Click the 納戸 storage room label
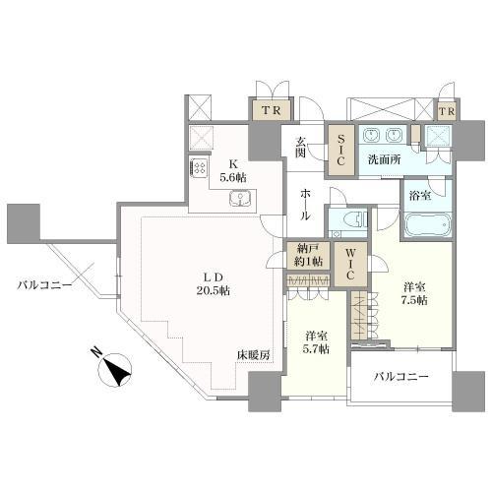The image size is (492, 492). (307, 255)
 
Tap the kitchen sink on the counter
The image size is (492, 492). (240, 200)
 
